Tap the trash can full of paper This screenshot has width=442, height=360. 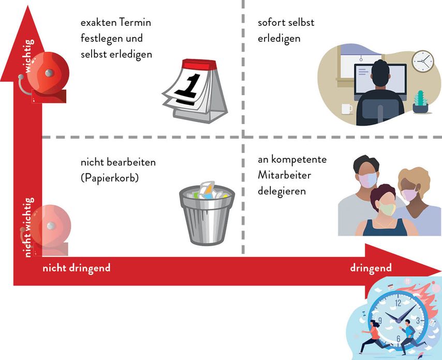tap(207, 214)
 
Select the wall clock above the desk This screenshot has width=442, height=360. tap(422, 62)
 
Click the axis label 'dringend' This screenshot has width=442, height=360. tap(371, 268)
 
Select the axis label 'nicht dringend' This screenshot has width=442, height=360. tap(76, 268)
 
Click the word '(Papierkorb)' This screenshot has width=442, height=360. tap(111, 177)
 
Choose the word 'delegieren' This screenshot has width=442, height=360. tap(282, 191)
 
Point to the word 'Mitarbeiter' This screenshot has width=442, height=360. tap(284, 175)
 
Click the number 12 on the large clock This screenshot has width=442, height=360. tap(397, 303)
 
